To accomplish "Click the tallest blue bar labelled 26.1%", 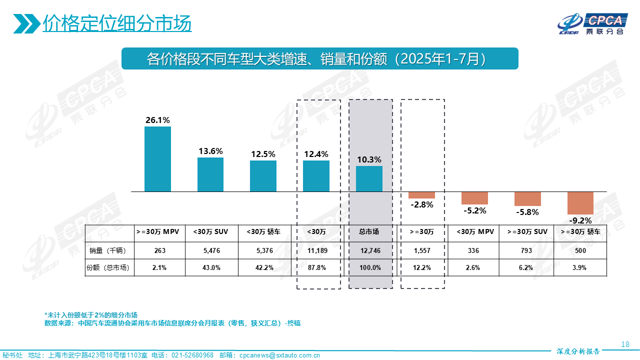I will click(157, 159).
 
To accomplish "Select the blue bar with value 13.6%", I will click(210, 174).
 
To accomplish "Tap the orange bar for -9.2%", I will click(580, 203).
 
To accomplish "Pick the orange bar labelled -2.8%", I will click(421, 195).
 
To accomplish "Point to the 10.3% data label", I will click(369, 159).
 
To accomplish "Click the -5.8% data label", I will click(527, 212).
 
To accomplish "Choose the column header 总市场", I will click(369, 232).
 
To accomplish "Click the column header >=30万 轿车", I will click(580, 232).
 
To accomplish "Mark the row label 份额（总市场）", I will click(108, 267).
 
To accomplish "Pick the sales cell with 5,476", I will click(210, 250).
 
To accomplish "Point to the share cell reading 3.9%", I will click(580, 267).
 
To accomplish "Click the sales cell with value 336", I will click(474, 250).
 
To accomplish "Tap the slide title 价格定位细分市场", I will click(117, 23).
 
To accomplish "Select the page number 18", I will click(624, 344).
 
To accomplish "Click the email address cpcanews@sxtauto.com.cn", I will click(279, 355).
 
